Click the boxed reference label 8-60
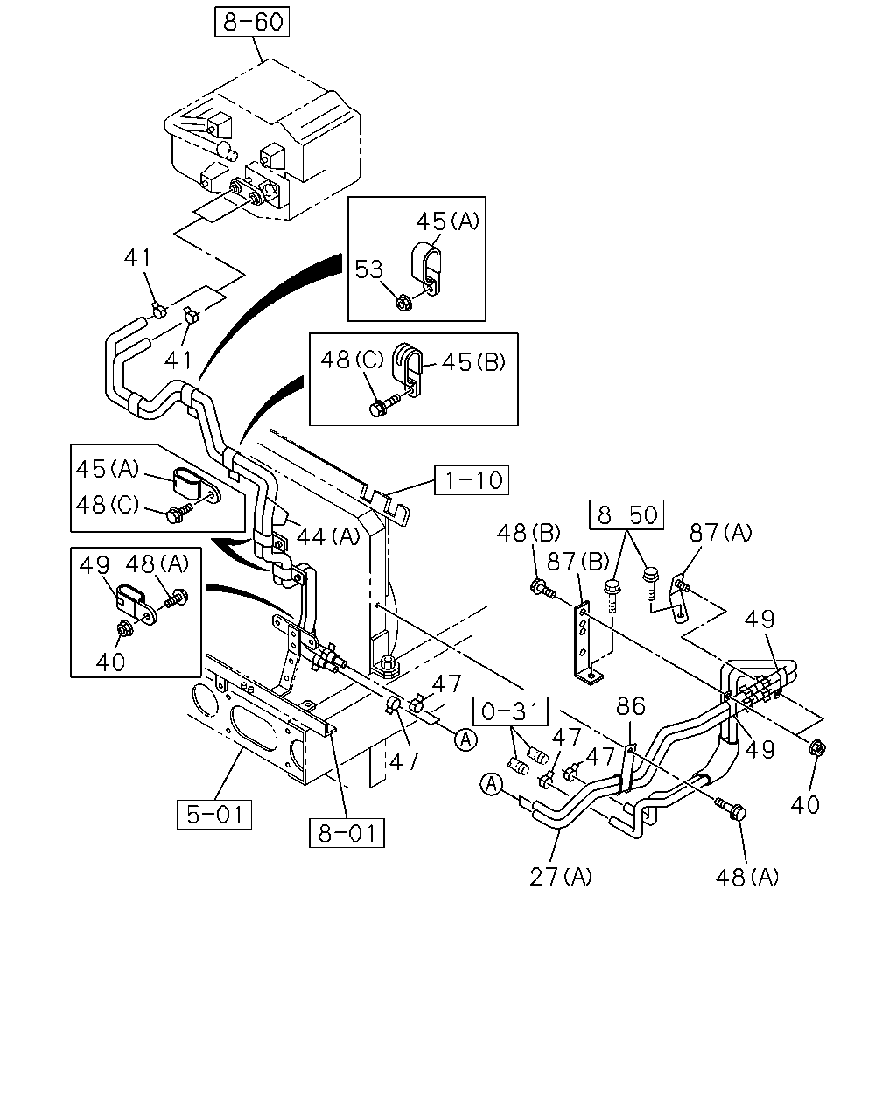(x=252, y=22)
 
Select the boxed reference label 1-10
(x=472, y=479)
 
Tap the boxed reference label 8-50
(x=626, y=514)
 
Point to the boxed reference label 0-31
(x=510, y=710)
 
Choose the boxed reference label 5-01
(x=214, y=814)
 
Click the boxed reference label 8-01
(x=346, y=833)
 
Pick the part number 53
(x=368, y=269)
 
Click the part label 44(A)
(x=328, y=535)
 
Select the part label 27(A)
(x=561, y=877)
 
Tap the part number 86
(x=631, y=706)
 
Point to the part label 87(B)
(x=578, y=562)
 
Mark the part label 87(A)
(x=721, y=532)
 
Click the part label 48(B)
(x=528, y=533)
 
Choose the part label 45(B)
(x=473, y=362)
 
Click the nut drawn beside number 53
(x=403, y=303)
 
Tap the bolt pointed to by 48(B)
(x=543, y=589)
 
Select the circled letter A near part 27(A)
(x=492, y=784)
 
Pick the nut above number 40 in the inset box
(x=125, y=629)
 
